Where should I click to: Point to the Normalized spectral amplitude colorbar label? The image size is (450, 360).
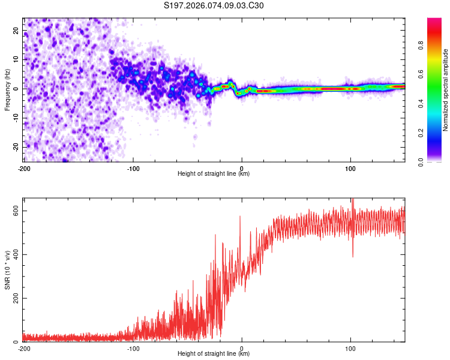pyautogui.click(x=445, y=90)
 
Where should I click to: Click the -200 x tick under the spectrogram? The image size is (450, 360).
pyautogui.click(x=24, y=168)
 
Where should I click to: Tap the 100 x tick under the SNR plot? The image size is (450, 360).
pyautogui.click(x=350, y=348)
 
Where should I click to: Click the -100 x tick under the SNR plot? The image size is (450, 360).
pyautogui.click(x=133, y=348)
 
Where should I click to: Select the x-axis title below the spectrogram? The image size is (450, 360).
pyautogui.click(x=214, y=174)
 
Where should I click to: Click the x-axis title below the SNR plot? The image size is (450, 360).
pyautogui.click(x=214, y=354)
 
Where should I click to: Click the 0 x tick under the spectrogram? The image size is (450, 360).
pyautogui.click(x=242, y=168)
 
